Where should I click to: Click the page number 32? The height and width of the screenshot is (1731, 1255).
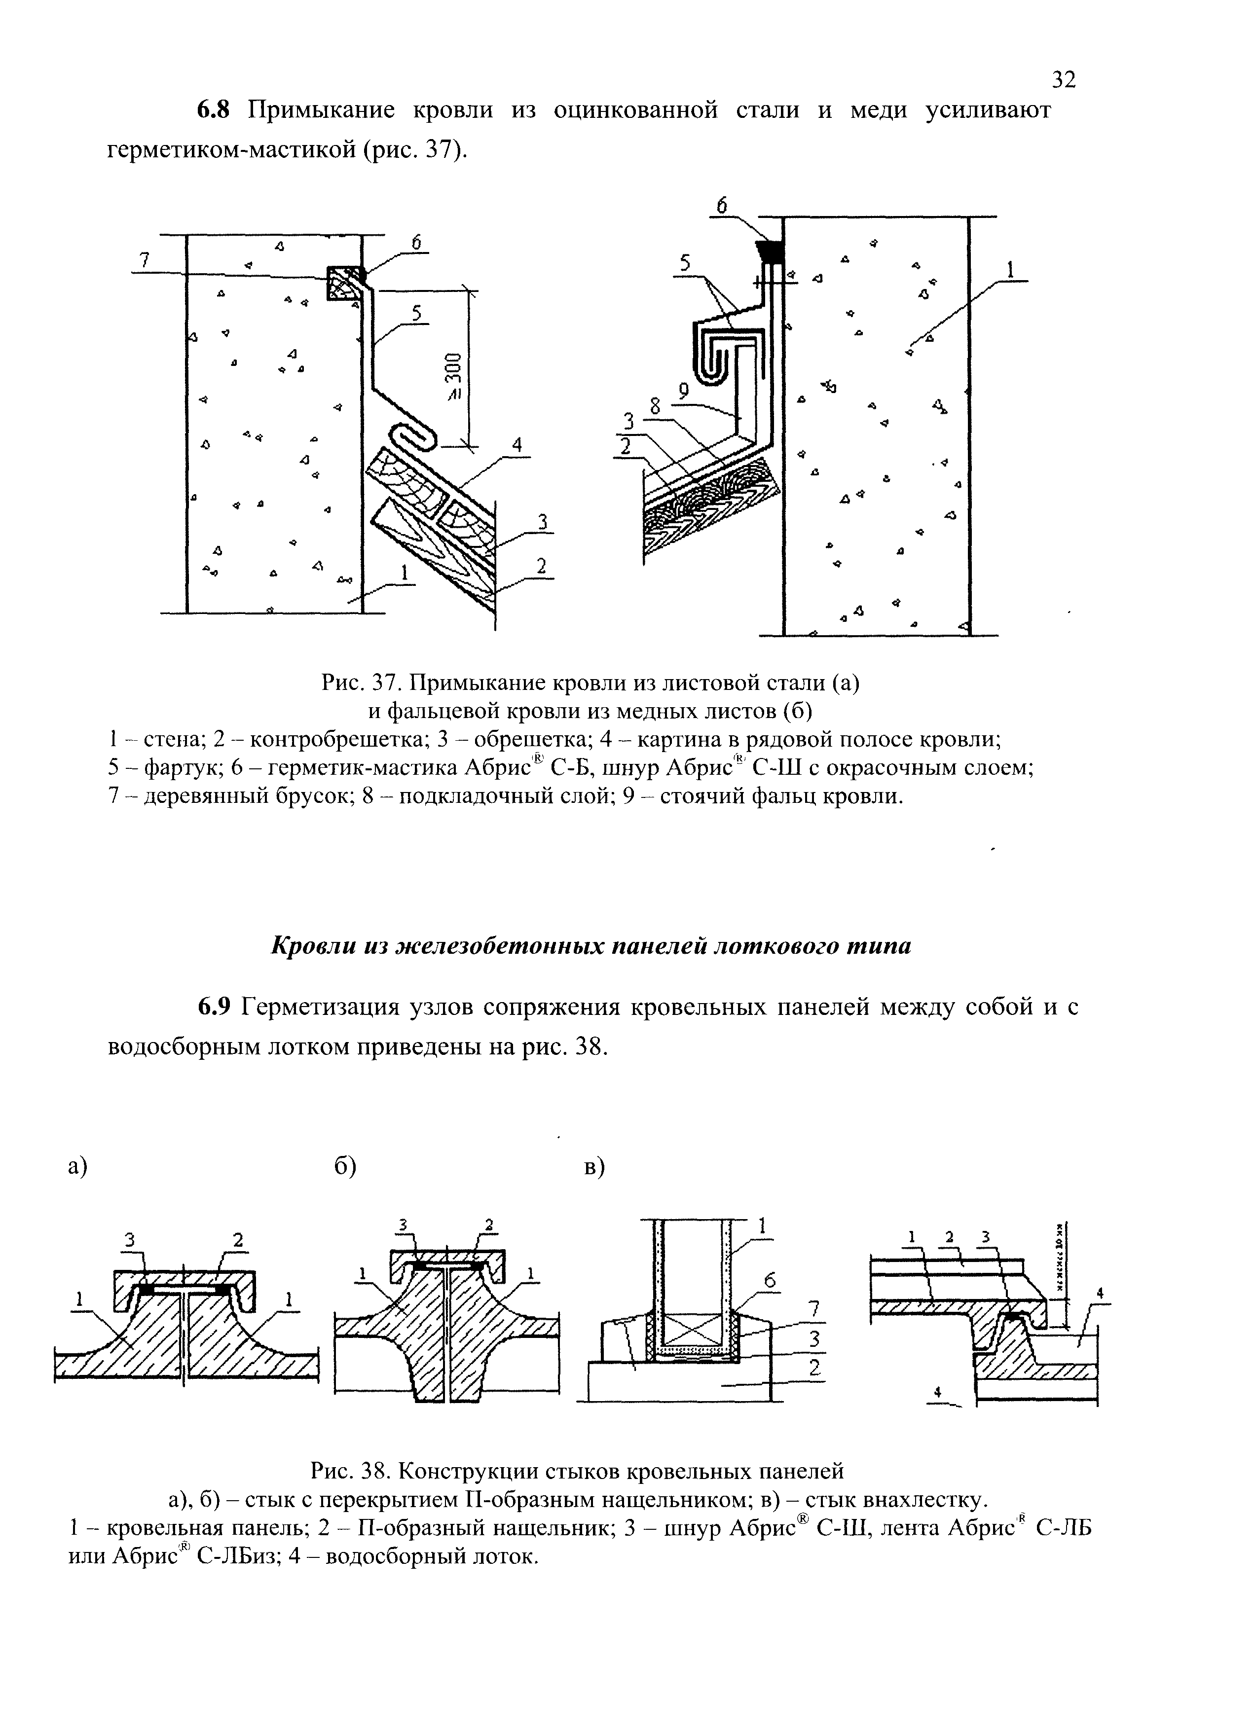click(1064, 79)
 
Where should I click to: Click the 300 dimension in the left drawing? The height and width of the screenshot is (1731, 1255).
click(452, 369)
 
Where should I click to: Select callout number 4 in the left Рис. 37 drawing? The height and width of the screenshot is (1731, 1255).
click(517, 445)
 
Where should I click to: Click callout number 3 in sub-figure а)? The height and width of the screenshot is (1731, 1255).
click(130, 1240)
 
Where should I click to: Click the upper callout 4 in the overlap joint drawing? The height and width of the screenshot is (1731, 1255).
click(1099, 1293)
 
